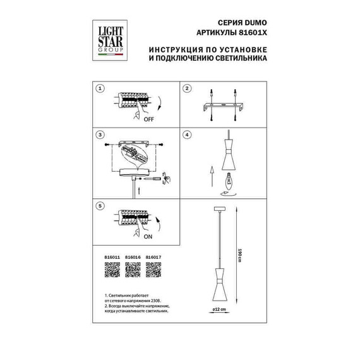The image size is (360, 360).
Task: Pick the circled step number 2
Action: pos(187,89)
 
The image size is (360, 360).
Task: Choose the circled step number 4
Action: pos(187,135)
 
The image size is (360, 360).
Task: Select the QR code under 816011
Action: pos(111,270)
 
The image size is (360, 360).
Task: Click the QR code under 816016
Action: pos(133,270)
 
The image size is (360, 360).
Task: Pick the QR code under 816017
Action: pos(154,270)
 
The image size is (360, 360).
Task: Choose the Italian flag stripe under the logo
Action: pos(110,55)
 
